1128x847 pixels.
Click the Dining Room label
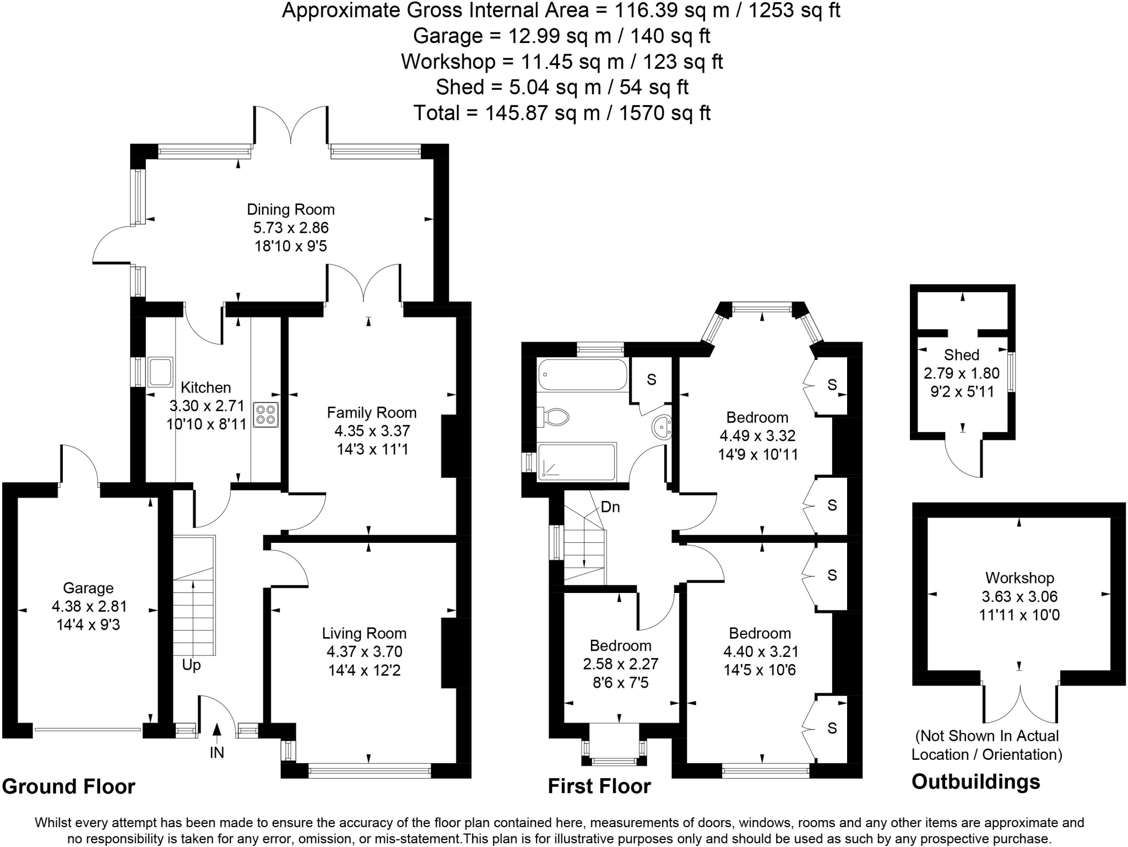290,209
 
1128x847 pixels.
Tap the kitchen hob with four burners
265,415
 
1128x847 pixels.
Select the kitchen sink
160,372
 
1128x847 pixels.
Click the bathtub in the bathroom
582,375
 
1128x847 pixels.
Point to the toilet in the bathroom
554,417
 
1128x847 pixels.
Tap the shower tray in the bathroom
576,461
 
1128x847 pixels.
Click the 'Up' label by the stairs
191,665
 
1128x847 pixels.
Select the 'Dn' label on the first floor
610,507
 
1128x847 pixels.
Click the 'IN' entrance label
217,753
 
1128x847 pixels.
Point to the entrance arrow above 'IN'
217,730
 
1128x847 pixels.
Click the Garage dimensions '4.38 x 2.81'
89,606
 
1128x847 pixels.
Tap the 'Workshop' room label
1019,578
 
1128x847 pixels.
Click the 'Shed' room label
962,355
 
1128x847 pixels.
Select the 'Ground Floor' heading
69,786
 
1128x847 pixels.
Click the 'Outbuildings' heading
975,782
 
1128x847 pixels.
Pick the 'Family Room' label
372,413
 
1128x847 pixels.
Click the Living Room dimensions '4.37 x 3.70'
365,651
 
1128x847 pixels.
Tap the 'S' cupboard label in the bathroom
652,379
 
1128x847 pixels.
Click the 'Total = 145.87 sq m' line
562,113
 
